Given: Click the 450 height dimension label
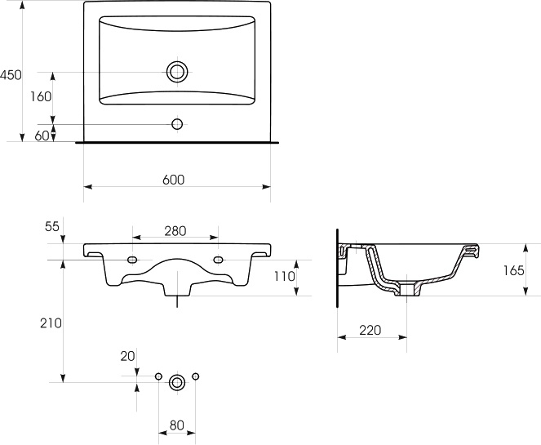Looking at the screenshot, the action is click(x=11, y=74).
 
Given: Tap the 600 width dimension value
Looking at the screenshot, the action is click(x=174, y=180).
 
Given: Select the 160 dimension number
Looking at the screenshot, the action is click(x=41, y=96).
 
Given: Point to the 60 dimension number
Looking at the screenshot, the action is click(x=42, y=136).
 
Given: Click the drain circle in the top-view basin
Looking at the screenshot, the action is click(x=177, y=72).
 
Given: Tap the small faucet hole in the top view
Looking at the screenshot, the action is click(x=177, y=123).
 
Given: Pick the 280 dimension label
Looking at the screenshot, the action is click(x=175, y=230).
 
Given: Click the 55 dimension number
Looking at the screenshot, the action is click(x=52, y=226).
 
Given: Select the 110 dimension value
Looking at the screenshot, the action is click(x=285, y=276).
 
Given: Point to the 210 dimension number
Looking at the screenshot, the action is click(x=51, y=323).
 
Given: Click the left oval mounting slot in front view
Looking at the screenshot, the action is click(x=132, y=260).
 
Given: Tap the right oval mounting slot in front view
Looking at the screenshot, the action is click(x=218, y=260).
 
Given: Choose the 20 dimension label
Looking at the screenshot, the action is click(x=127, y=356).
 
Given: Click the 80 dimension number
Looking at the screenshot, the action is click(x=176, y=425).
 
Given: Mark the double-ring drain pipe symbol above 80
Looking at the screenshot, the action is click(x=177, y=382).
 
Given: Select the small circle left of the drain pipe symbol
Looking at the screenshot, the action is click(x=158, y=376).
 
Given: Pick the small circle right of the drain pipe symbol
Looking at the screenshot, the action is click(x=196, y=376).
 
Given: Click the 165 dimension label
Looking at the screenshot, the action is click(x=513, y=270).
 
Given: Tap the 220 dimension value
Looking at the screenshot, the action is click(x=370, y=330).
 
